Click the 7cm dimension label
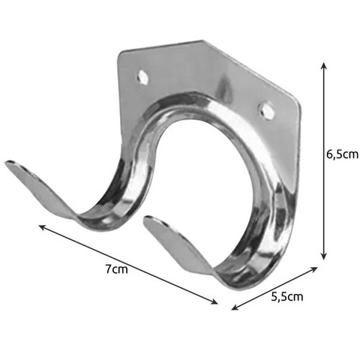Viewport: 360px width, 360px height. tap(117, 269)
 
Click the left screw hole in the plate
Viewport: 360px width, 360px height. tap(142, 76)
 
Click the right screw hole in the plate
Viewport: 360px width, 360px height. tap(265, 110)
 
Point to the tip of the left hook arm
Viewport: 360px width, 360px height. tap(9, 164)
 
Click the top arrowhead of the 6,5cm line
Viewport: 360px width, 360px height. tap(323, 65)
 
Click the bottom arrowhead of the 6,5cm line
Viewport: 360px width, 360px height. tap(323, 259)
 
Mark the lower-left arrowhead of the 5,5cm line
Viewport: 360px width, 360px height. tap(233, 307)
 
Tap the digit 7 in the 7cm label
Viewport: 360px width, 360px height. tap(110, 269)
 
